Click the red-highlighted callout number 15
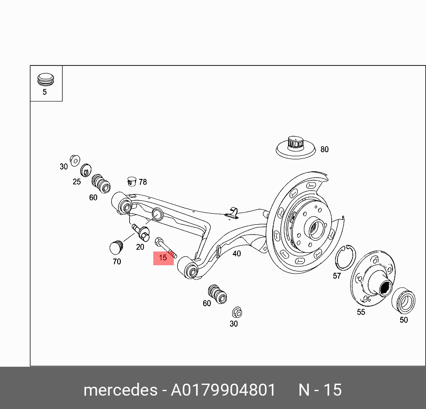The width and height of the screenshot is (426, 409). click(163, 258)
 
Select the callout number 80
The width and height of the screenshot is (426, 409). click(324, 150)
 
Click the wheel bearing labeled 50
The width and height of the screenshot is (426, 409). click(403, 300)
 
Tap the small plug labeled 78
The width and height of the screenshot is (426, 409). click(131, 181)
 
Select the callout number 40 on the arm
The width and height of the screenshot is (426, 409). click(237, 254)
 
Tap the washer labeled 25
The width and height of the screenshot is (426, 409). click(85, 170)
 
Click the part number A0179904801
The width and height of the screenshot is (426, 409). click(223, 390)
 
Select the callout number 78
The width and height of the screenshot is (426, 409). click(143, 182)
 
